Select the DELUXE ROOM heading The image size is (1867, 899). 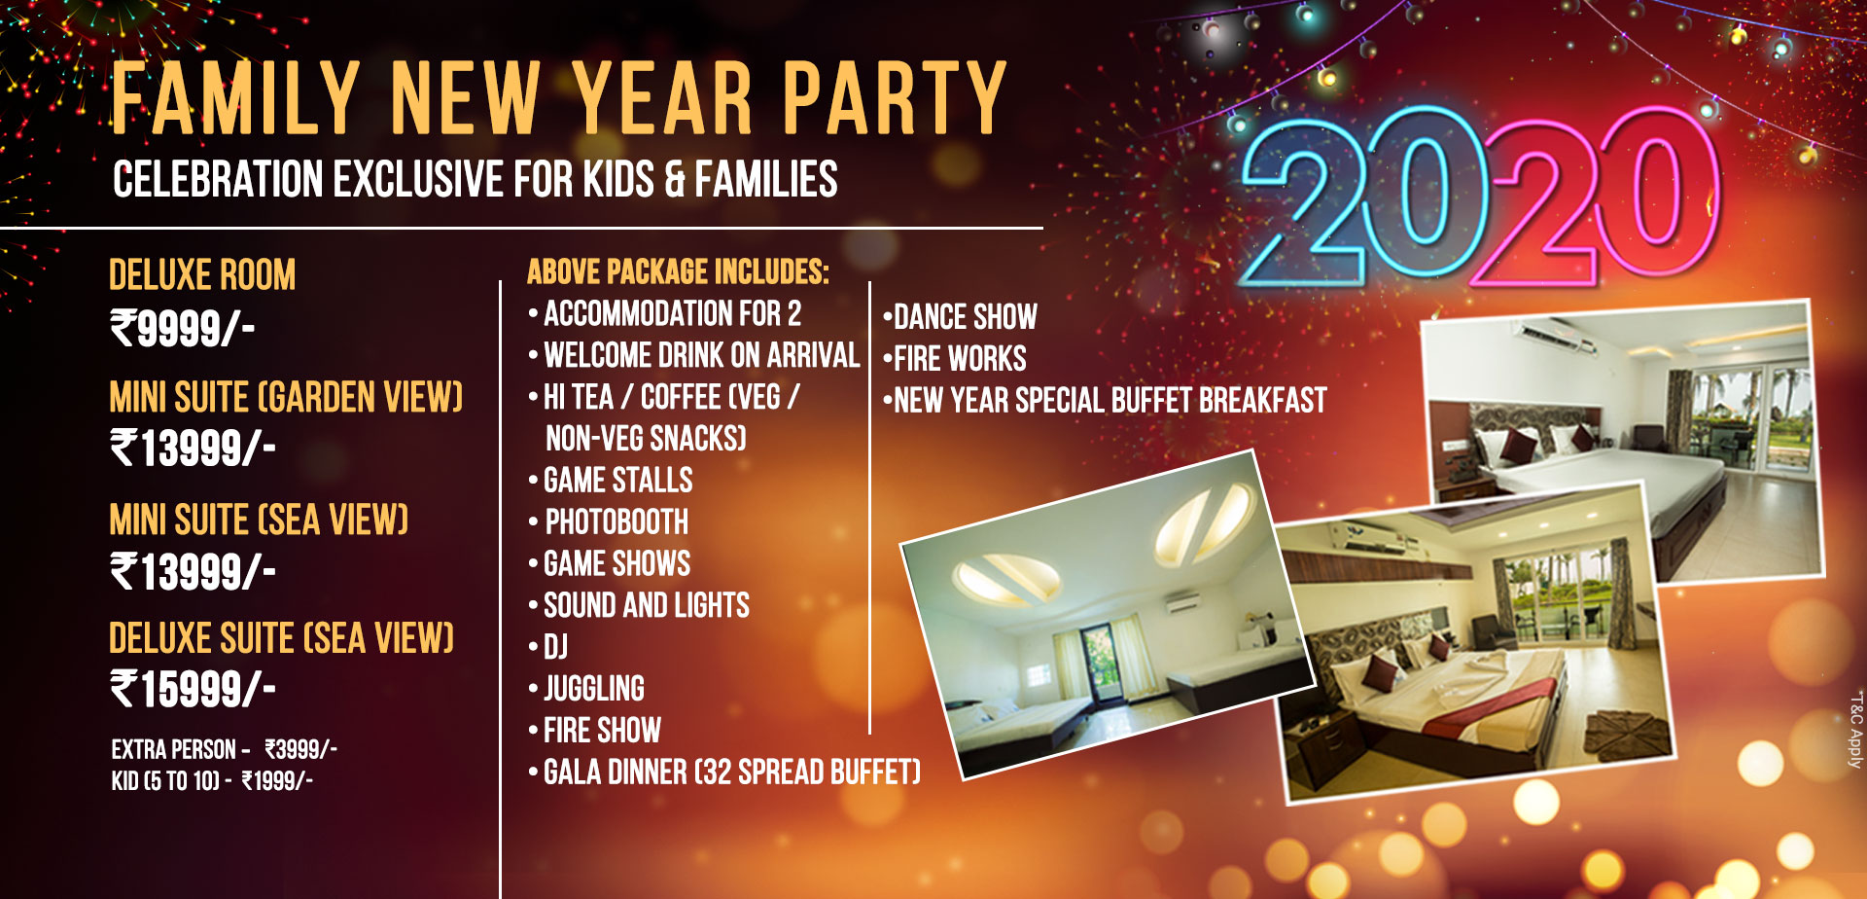tap(202, 275)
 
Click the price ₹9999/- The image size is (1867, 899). tap(183, 328)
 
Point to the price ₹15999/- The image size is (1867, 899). tap(193, 690)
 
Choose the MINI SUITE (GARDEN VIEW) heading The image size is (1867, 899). tap(286, 397)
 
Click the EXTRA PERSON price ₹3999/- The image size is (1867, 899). tap(301, 749)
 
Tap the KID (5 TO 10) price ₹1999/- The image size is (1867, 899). tap(277, 780)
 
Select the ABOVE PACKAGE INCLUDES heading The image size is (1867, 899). tap(678, 271)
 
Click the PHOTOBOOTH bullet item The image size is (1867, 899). tap(616, 522)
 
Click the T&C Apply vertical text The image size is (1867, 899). tap(1855, 730)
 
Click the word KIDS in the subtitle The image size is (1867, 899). tap(618, 180)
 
